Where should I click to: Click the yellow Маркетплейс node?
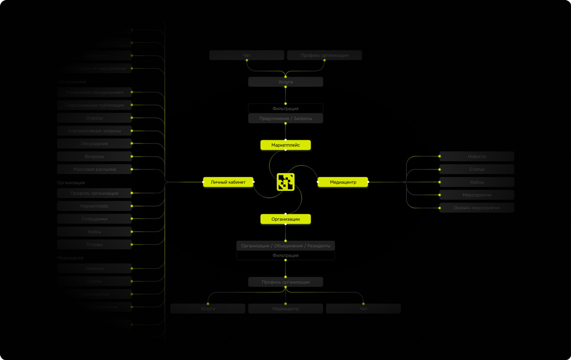[285, 145]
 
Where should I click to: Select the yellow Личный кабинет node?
[228, 182]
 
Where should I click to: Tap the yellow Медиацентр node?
[343, 182]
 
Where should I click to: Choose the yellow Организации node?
[285, 219]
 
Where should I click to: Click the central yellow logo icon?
[285, 182]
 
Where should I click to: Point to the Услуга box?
[285, 82]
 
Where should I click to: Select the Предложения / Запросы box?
[285, 119]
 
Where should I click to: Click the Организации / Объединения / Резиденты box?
[285, 246]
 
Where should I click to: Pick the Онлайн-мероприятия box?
[477, 208]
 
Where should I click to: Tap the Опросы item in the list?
[94, 118]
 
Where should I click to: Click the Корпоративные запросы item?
[94, 130]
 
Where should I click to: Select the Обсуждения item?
[94, 143]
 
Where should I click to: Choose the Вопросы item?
[94, 156]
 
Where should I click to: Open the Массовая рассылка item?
[94, 169]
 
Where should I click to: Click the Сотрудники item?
[94, 219]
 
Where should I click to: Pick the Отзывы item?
[94, 245]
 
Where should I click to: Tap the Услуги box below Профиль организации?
[208, 309]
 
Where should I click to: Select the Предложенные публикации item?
[94, 105]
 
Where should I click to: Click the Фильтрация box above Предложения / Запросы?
[285, 109]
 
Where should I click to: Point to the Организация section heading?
[71, 182]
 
